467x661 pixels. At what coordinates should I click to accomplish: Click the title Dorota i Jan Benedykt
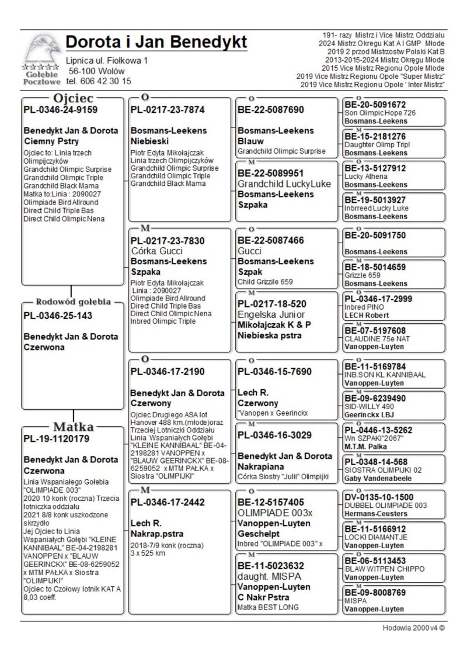[x=156, y=43]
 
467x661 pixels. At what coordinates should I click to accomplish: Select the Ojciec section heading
[x=73, y=98]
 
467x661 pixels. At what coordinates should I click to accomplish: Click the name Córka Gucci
[x=158, y=251]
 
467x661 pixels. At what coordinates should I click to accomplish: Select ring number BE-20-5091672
[x=375, y=105]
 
